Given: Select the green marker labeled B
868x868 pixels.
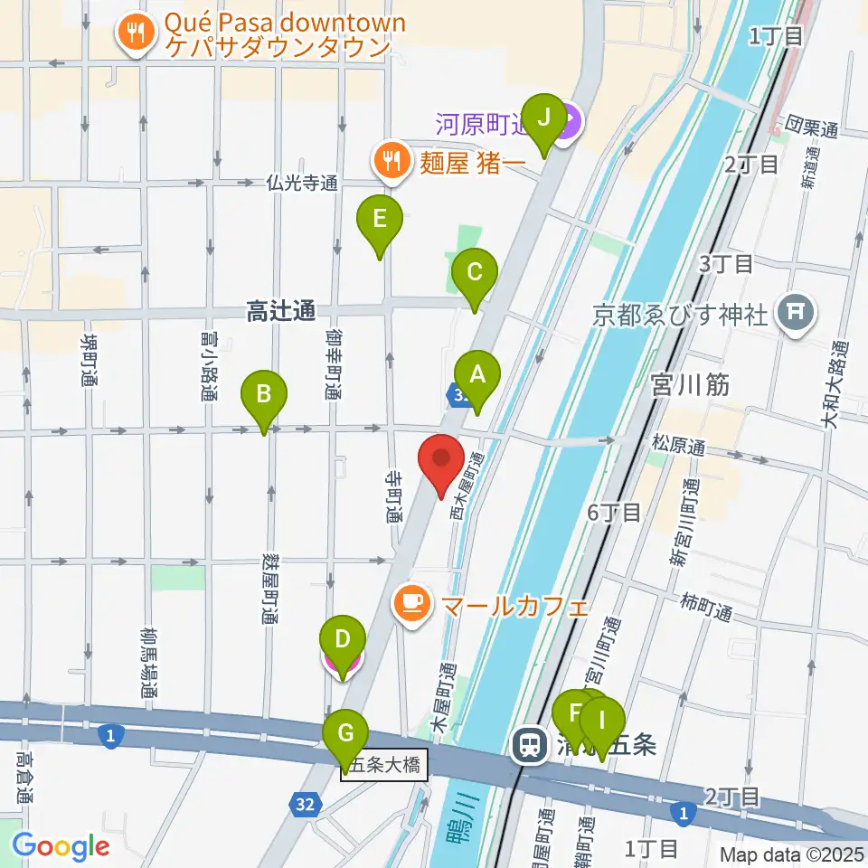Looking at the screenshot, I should (x=264, y=395).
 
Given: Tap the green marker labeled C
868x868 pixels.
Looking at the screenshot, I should (x=475, y=272).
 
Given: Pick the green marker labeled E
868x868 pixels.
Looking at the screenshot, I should (x=379, y=220).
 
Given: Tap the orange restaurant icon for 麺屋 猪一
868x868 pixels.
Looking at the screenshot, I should (x=391, y=162).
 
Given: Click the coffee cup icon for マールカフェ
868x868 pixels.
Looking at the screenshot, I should (x=411, y=603).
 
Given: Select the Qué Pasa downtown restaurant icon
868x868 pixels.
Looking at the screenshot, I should (x=137, y=34).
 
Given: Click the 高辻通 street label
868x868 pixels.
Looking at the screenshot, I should (x=280, y=312).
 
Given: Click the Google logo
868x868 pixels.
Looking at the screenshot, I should (x=61, y=846).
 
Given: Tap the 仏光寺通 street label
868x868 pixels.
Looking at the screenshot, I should (x=301, y=184).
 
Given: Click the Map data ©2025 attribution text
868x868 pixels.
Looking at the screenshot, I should (x=790, y=854).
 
